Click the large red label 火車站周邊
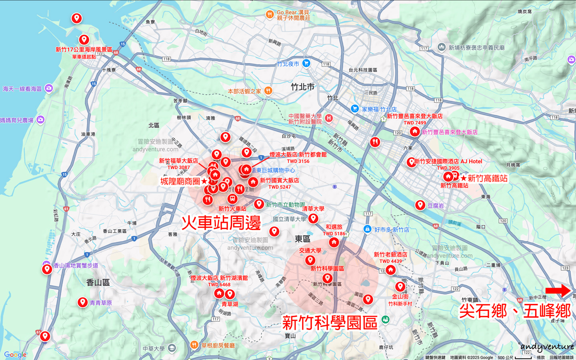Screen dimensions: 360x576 221,223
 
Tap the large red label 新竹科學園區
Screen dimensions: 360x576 330,322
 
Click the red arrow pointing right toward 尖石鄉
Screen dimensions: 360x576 558,291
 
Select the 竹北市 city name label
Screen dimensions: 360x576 302,87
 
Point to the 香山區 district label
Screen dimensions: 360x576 98,282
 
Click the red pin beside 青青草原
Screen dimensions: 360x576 82,302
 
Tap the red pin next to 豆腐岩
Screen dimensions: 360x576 420,205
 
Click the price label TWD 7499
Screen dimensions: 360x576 415,123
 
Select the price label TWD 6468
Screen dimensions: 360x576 219,285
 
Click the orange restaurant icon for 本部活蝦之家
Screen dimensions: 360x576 268,91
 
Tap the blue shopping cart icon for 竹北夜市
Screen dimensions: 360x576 306,63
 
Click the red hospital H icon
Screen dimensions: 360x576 329,118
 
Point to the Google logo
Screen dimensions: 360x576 15,355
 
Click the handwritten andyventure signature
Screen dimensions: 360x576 547,347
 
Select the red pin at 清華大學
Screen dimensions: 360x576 313,218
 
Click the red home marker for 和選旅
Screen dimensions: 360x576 334,242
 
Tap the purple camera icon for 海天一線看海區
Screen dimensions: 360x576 49,88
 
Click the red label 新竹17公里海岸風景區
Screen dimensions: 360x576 84,50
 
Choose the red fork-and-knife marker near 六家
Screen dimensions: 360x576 375,142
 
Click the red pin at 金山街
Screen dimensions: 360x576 400,286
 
